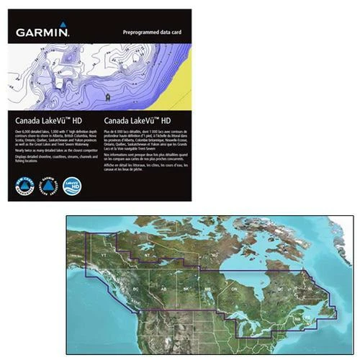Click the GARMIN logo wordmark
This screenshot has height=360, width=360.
click(x=40, y=32)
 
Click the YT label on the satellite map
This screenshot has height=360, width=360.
click(x=102, y=255)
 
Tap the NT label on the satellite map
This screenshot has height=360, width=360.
click(x=146, y=255)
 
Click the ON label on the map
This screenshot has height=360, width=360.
click(x=233, y=288)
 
